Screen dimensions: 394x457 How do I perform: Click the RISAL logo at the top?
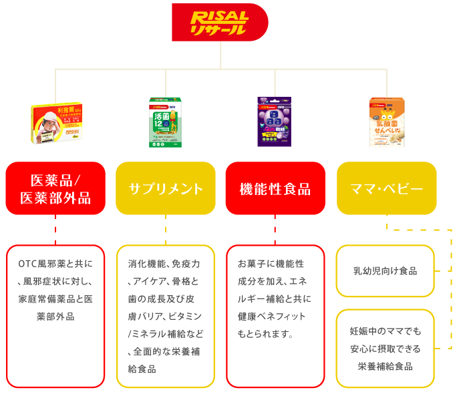click(x=219, y=22)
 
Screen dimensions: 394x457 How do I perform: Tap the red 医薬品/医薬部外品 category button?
click(x=55, y=188)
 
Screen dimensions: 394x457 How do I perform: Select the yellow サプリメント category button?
click(x=166, y=188)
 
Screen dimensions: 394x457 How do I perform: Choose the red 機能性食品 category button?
click(x=275, y=188)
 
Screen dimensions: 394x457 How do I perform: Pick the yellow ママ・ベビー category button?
click(x=386, y=188)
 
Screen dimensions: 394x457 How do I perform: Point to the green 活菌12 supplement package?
click(x=165, y=122)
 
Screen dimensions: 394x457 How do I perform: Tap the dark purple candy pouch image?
click(x=275, y=122)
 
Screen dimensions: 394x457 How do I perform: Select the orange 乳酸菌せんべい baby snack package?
click(x=387, y=122)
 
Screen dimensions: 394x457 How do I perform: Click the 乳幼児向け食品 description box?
click(x=385, y=270)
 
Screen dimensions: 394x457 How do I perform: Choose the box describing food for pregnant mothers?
click(x=385, y=348)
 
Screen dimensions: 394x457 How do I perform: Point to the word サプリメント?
click(x=166, y=189)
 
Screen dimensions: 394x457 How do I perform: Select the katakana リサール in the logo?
click(x=218, y=29)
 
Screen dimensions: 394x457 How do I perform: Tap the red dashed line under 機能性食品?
click(x=275, y=230)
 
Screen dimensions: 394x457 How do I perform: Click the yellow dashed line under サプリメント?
click(x=166, y=230)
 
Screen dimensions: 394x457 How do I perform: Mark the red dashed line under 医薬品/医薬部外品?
click(x=55, y=230)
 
